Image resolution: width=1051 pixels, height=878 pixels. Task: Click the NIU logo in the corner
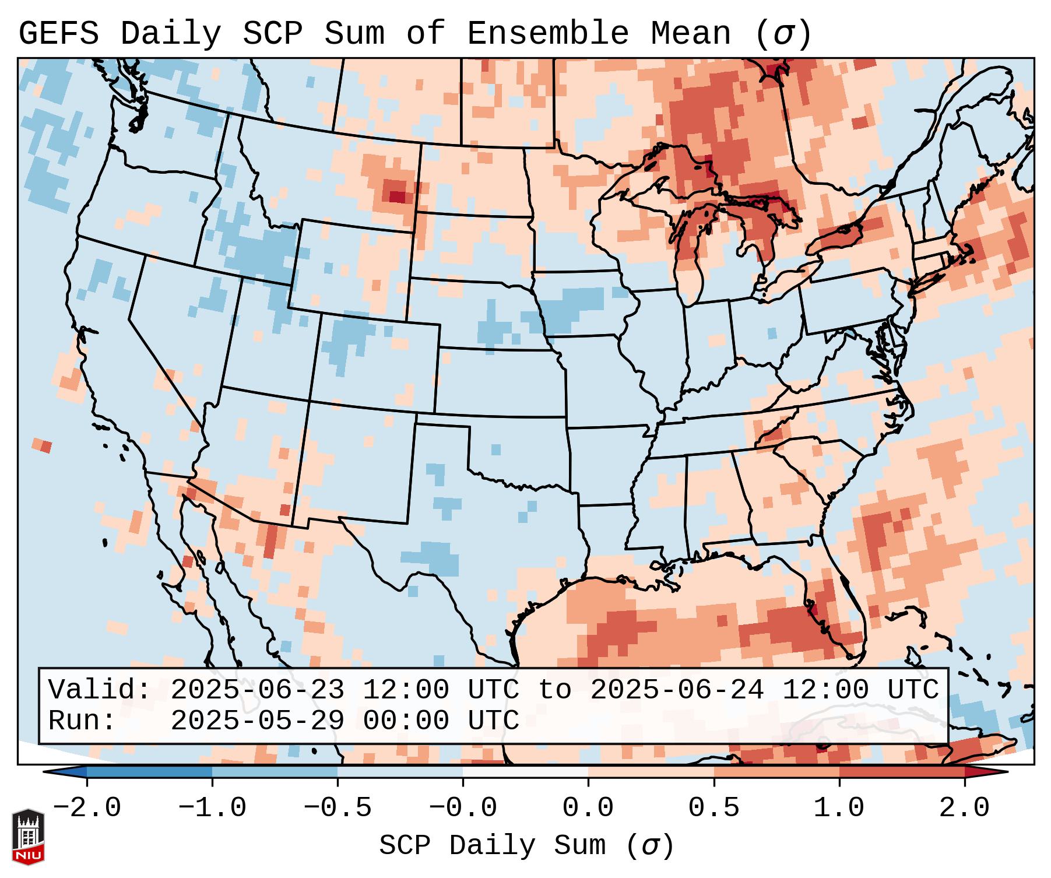[x=28, y=837]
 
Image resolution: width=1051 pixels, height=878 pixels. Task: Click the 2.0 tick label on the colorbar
[x=964, y=808]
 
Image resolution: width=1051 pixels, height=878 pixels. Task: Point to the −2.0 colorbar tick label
[x=87, y=808]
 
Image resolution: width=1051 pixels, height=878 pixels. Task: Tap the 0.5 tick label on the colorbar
[x=713, y=808]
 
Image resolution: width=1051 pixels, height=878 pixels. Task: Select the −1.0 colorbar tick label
[x=212, y=808]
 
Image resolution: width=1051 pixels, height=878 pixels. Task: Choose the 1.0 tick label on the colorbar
[x=839, y=808]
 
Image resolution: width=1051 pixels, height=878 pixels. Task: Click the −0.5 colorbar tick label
[x=338, y=808]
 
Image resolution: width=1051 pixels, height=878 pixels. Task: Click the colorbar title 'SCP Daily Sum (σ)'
[x=526, y=846]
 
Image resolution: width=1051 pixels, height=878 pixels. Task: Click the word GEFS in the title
[x=58, y=34]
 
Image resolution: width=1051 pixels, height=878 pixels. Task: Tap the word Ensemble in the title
[x=548, y=34]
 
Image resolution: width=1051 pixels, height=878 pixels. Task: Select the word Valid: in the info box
[x=100, y=690]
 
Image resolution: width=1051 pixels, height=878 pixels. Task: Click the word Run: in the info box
[x=82, y=721]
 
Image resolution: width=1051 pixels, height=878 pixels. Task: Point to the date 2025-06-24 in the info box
[x=677, y=690]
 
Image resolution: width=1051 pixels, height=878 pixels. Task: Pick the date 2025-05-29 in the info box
[x=257, y=721]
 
